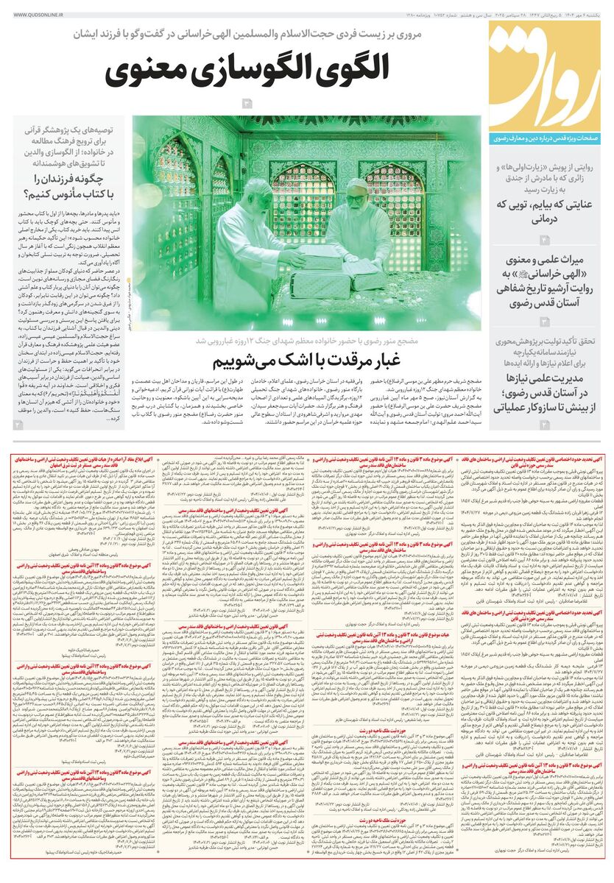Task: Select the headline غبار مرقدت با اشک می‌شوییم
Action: (307, 362)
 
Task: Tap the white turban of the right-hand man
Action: (357, 185)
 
